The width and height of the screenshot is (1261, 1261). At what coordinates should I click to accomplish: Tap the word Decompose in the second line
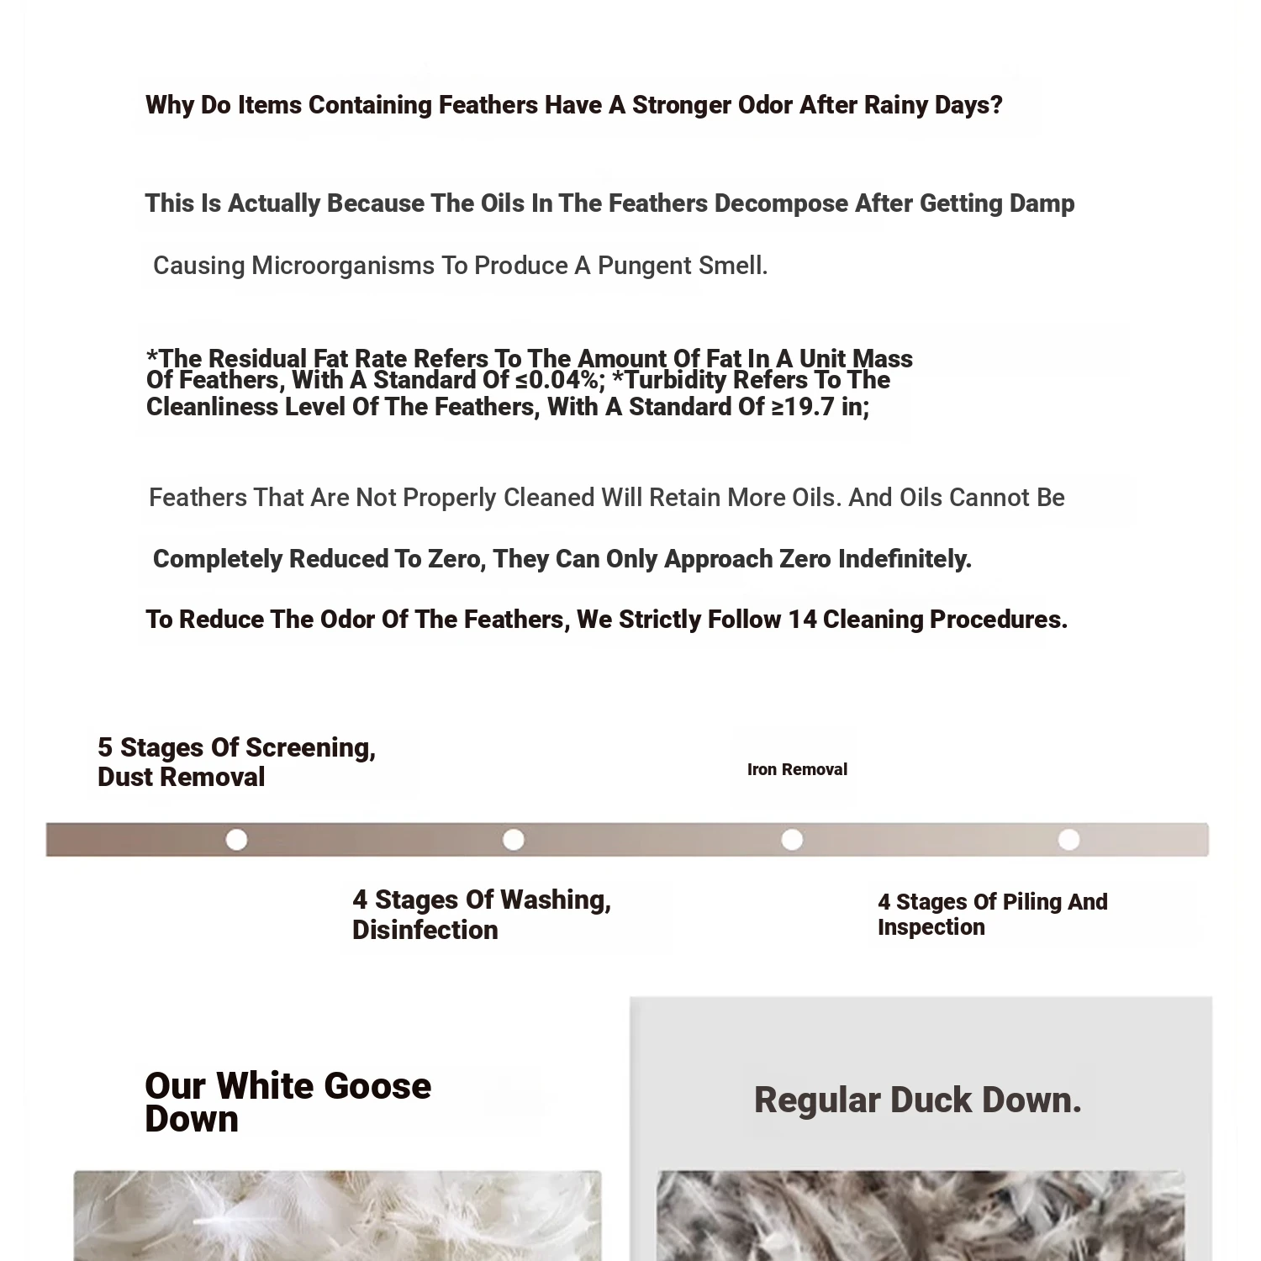(x=781, y=204)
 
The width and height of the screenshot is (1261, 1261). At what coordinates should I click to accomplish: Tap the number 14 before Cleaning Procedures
(x=802, y=620)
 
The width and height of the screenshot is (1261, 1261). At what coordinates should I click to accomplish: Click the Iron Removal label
(x=797, y=770)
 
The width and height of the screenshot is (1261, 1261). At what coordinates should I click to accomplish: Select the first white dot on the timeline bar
(x=236, y=840)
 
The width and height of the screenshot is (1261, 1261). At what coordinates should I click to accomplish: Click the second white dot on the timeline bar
(x=513, y=840)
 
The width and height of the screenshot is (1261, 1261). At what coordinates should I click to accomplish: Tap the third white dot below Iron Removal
(x=792, y=840)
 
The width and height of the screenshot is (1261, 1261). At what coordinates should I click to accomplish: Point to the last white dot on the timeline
(x=1068, y=840)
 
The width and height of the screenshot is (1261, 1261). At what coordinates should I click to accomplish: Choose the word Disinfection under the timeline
(x=425, y=931)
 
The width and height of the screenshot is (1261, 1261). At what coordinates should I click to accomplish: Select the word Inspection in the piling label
(x=931, y=928)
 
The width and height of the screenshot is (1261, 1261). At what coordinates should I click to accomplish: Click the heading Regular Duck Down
(x=917, y=1100)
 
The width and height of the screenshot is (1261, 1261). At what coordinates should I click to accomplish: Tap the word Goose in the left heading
(x=377, y=1087)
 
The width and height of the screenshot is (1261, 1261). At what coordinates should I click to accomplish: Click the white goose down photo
(x=337, y=1216)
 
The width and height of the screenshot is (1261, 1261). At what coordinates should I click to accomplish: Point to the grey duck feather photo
(x=921, y=1216)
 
